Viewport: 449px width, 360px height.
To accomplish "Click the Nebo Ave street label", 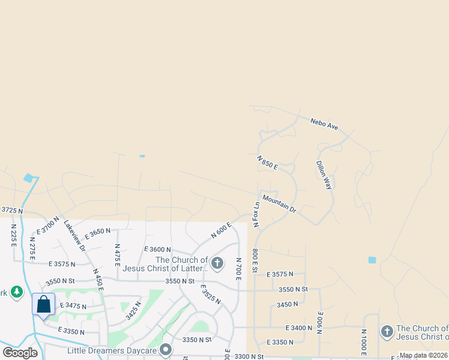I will point(325,124).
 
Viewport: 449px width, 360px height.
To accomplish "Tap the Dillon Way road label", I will point(324,175).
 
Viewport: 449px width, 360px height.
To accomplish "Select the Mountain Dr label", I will point(279,203).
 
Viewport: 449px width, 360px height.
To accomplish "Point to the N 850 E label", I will point(267,163).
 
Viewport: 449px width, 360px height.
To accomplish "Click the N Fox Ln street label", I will point(256,214).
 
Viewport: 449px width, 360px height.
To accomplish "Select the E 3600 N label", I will point(158,249).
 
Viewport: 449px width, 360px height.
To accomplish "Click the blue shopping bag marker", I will point(43,304).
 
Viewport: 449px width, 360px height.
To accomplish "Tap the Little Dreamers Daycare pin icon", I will point(166,349).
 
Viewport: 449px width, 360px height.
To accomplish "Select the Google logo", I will point(20,353).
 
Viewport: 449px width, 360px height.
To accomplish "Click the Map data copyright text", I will point(423,355).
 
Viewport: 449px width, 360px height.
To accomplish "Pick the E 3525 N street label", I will point(211,294).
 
